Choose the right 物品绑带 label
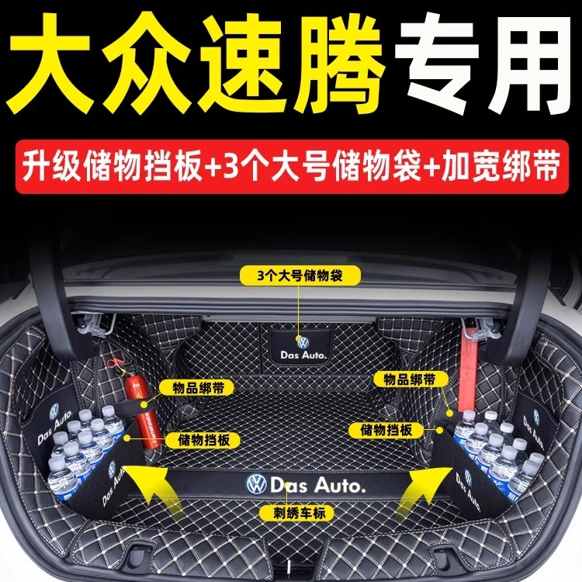pos(398,379)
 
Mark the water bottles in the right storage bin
pos(494,447)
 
